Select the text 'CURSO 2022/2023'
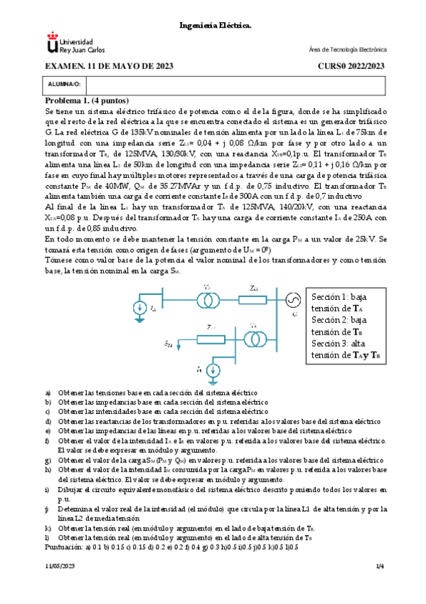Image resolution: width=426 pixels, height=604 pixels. tap(351, 66)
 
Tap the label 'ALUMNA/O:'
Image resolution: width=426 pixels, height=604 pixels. tap(63, 83)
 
